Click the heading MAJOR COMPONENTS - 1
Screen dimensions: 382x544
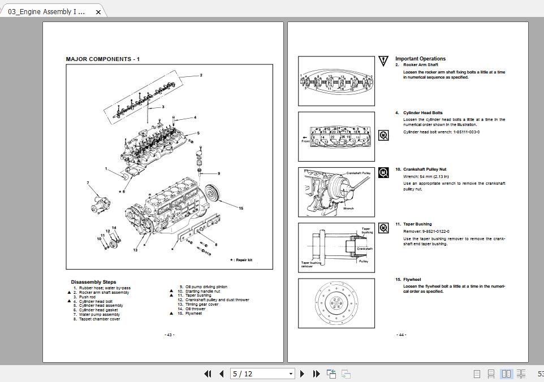tap(102, 59)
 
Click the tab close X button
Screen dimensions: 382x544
tap(98, 12)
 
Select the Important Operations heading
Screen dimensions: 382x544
tap(420, 59)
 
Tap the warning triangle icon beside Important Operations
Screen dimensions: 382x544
tap(384, 60)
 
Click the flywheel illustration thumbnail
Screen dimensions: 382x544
tap(336, 303)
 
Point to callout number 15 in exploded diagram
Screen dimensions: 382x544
tap(240, 209)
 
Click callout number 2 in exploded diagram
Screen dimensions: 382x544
tap(201, 75)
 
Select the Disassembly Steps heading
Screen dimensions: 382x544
tap(93, 282)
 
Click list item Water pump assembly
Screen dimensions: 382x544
tap(100, 315)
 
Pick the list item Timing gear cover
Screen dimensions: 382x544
tap(202, 305)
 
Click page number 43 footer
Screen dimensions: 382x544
tap(169, 335)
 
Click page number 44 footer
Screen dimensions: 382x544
tap(401, 335)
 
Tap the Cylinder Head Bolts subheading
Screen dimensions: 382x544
tap(422, 113)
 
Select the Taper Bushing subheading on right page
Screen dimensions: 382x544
tap(417, 224)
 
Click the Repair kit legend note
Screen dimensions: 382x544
tap(241, 260)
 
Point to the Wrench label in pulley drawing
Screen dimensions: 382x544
tap(348, 209)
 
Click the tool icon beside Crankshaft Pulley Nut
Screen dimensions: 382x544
tap(383, 172)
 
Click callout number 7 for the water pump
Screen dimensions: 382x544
tap(88, 183)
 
